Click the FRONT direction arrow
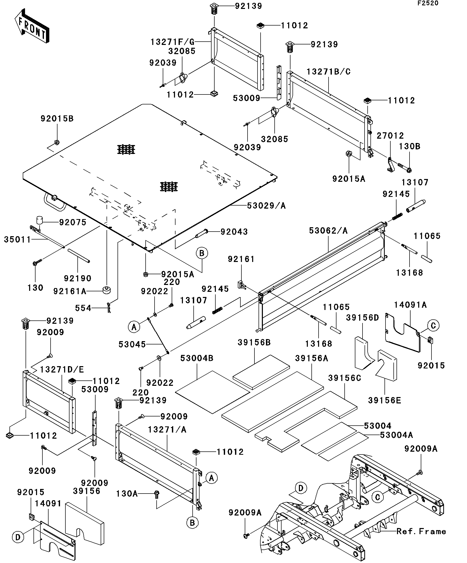pos(32,26)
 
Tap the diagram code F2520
pos(427,3)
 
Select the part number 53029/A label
pos(266,206)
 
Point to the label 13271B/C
pos(329,71)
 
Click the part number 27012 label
pos(390,136)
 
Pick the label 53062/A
pos(328,231)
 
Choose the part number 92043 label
pos(234,232)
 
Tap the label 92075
pos(73,222)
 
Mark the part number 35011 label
pos(17,239)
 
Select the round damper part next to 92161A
pos(107,290)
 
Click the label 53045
pos(132,344)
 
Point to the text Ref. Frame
pos(421,531)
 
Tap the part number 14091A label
pos(410,305)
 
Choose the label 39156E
pos(384,408)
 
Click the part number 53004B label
pos(197,358)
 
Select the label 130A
pos(127,494)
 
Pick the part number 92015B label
pos(57,118)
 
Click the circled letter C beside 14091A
pos(433,326)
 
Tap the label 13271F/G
pos(172,42)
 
